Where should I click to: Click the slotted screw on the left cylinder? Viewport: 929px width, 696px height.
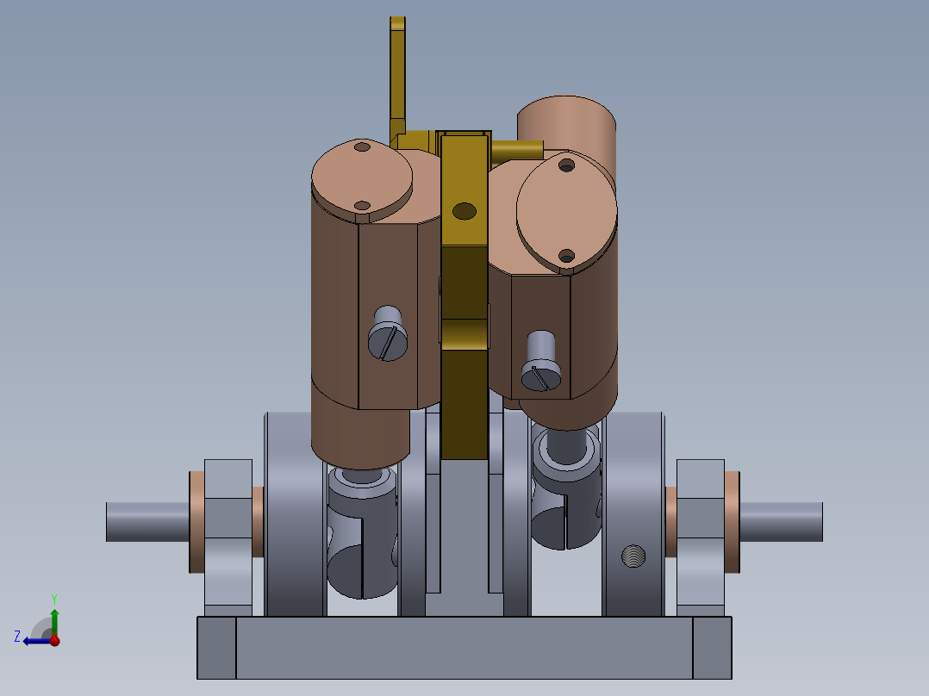[x=387, y=334]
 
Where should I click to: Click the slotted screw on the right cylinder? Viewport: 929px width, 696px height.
[x=541, y=364]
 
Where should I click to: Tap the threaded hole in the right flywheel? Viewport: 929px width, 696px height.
[x=634, y=557]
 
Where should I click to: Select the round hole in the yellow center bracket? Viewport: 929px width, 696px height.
[x=464, y=210]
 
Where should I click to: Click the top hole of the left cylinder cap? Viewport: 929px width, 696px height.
[x=362, y=147]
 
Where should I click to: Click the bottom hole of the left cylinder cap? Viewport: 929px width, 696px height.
[x=363, y=206]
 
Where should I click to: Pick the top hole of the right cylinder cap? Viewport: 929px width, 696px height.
[x=566, y=165]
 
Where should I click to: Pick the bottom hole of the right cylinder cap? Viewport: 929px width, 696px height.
[x=566, y=255]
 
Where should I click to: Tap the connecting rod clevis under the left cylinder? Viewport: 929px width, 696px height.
[x=362, y=534]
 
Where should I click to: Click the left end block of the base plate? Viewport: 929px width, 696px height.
[x=216, y=647]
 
